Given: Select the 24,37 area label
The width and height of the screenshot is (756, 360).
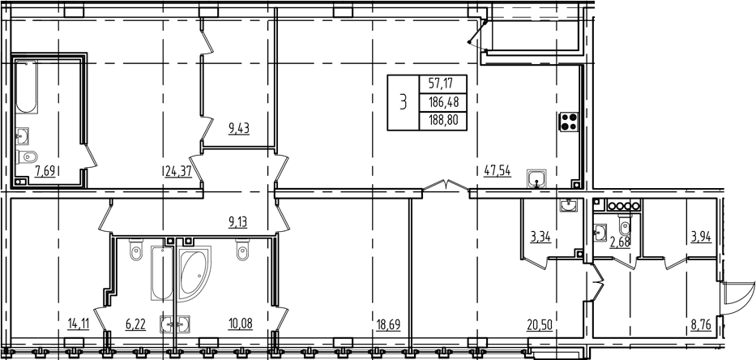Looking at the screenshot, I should (178, 171).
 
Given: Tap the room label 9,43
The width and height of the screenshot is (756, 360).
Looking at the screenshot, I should (238, 127).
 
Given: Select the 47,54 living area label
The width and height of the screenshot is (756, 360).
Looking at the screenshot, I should (497, 171).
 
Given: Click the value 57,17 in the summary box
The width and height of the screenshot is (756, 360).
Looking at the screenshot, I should (441, 83).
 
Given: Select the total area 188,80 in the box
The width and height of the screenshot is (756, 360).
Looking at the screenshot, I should (441, 120).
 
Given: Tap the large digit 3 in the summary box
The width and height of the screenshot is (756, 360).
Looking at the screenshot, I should (403, 102).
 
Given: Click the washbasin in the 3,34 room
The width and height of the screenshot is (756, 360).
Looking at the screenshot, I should (570, 204).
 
